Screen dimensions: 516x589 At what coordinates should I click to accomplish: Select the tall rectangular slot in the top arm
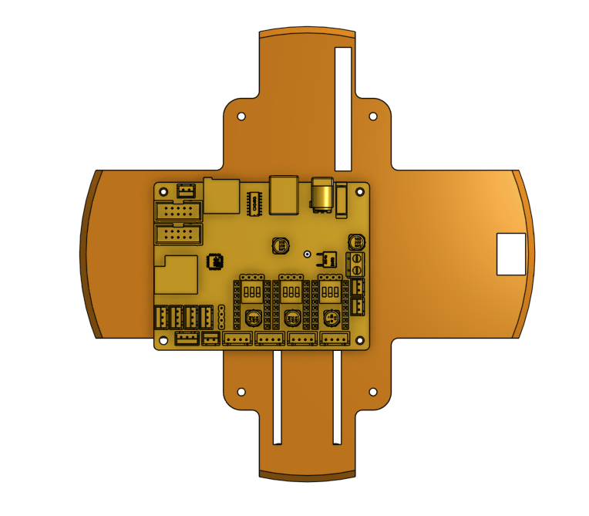(x=343, y=108)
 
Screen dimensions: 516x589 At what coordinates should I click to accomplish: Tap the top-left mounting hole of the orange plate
(x=241, y=117)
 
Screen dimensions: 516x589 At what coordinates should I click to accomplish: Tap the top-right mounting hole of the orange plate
(x=373, y=117)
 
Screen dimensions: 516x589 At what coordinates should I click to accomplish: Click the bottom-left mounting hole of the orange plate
(x=241, y=392)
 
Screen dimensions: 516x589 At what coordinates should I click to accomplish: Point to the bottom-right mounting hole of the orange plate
(x=373, y=392)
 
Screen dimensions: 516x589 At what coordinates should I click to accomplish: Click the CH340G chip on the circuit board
(x=254, y=203)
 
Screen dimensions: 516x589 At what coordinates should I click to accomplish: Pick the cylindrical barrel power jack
(x=321, y=194)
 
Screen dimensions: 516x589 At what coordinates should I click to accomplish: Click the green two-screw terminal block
(x=357, y=264)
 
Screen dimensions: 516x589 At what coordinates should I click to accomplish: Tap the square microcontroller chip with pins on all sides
(x=214, y=262)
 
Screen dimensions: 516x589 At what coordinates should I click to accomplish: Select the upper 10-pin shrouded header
(x=178, y=211)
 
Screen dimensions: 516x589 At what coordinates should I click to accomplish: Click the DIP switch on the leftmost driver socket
(x=251, y=293)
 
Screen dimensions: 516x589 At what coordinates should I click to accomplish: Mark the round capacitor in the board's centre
(x=281, y=246)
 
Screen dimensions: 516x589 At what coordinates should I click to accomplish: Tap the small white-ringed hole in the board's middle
(x=307, y=254)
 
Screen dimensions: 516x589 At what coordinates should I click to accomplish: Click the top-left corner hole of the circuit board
(x=162, y=190)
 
